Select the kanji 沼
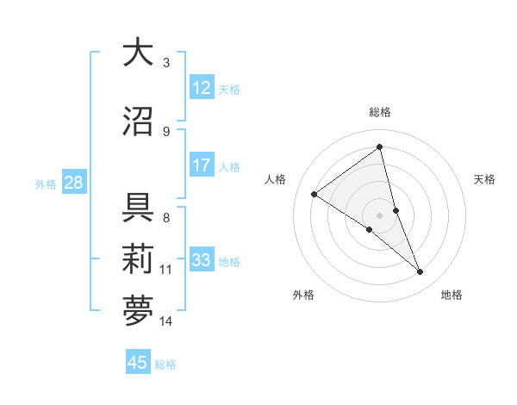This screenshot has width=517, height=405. pyautogui.click(x=138, y=121)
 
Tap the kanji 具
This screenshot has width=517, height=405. pyautogui.click(x=138, y=207)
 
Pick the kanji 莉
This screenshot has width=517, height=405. pyautogui.click(x=138, y=259)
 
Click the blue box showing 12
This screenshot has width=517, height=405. pyautogui.click(x=202, y=87)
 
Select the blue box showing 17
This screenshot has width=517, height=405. pyautogui.click(x=202, y=165)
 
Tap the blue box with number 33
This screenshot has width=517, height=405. pyautogui.click(x=202, y=260)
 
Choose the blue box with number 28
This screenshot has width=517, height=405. pyautogui.click(x=73, y=183)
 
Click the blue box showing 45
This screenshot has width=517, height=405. pyautogui.click(x=138, y=363)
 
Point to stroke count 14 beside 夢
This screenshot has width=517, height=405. pyautogui.click(x=166, y=321)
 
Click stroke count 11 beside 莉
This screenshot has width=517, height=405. pyautogui.click(x=166, y=270)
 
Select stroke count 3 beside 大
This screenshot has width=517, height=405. pyautogui.click(x=166, y=62)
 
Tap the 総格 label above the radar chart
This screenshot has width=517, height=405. pyautogui.click(x=379, y=112)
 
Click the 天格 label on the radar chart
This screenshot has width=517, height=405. pyautogui.click(x=484, y=179)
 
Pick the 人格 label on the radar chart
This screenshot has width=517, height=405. pyautogui.click(x=275, y=179)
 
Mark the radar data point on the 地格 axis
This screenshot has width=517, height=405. pyautogui.click(x=420, y=272)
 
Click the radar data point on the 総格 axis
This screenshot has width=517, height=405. pyautogui.click(x=379, y=146)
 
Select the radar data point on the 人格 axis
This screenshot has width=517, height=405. pyautogui.click(x=315, y=194)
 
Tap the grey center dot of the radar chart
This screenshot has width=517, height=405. pyautogui.click(x=379, y=215)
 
